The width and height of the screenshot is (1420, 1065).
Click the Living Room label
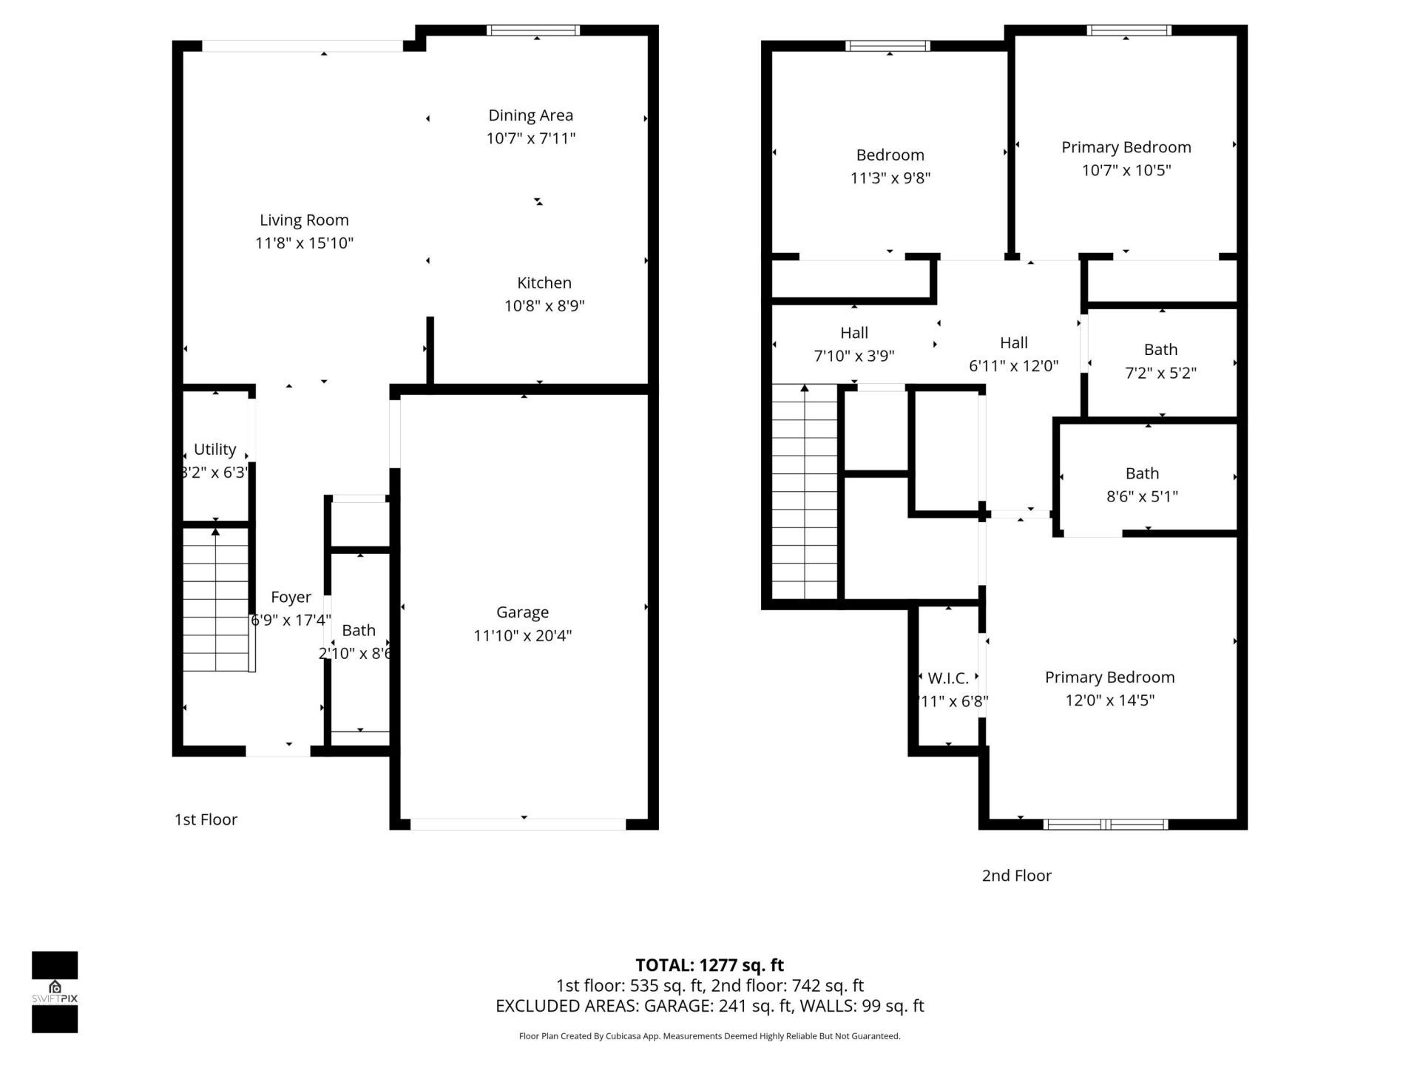304,220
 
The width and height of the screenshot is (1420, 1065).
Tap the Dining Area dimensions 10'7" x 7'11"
530,138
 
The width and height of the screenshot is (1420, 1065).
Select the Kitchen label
544,283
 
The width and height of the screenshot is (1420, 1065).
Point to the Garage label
522,612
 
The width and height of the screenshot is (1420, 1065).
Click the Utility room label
214,449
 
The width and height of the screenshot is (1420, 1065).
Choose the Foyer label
291,597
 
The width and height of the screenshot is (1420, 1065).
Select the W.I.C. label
947,678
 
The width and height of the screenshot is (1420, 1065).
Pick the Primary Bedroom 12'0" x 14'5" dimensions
1109,700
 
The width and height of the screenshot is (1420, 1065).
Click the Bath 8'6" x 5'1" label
1142,473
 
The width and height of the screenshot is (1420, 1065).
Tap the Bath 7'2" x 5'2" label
1160,349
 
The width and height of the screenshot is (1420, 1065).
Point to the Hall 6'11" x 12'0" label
1013,342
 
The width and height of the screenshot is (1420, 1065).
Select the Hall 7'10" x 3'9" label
853,333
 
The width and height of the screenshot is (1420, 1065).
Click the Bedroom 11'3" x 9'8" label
890,155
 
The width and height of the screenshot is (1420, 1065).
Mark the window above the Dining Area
532,30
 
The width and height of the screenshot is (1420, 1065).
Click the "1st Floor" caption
206,819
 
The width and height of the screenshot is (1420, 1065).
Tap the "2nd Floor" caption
1016,876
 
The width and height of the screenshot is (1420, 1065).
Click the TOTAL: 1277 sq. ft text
709,965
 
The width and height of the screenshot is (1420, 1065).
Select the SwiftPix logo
55,992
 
